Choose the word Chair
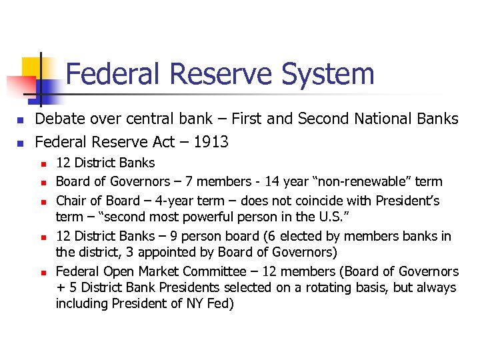pyautogui.click(x=71, y=200)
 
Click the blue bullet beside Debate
pyautogui.click(x=21, y=120)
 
